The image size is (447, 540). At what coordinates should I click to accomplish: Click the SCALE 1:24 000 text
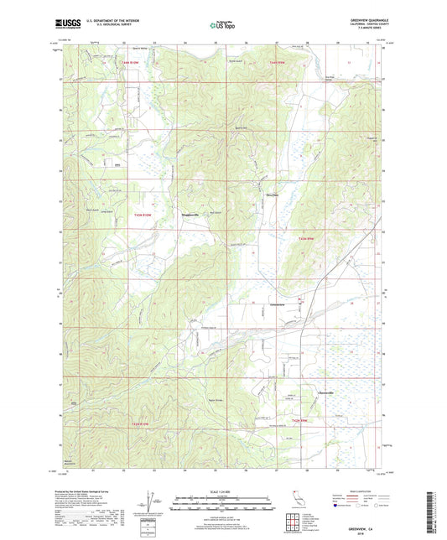(222, 491)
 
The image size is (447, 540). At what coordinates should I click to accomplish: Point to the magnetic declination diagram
(151, 502)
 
